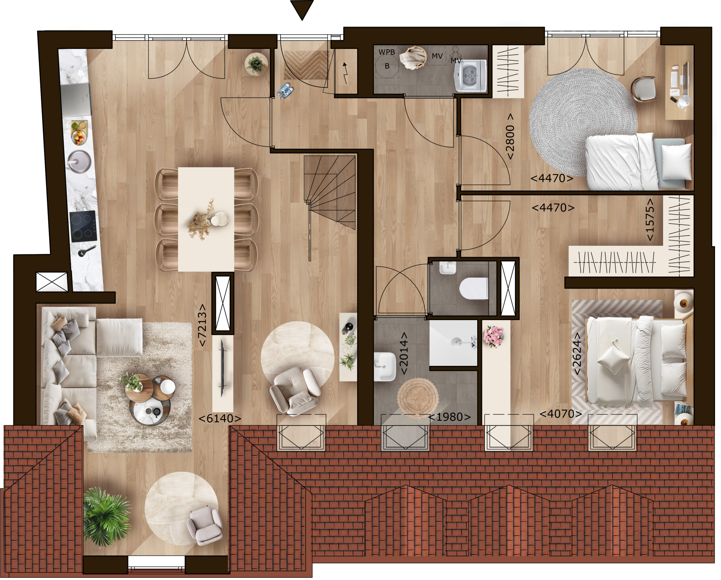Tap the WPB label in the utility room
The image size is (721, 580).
coord(386,52)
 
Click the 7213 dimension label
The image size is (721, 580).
coord(202,325)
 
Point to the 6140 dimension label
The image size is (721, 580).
coord(220,418)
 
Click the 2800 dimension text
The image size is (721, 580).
coord(510,137)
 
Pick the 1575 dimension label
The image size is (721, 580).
coord(650,219)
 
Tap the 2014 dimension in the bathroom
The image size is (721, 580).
coord(404,353)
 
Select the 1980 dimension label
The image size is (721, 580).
coord(449,417)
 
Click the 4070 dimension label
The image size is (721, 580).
coord(561,414)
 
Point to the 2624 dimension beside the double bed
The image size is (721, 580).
coord(577,353)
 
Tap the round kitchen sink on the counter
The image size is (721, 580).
coord(79,162)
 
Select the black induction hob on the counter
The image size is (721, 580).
coord(83,226)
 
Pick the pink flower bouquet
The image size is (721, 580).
coord(493,336)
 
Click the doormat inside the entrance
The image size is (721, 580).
coord(306,65)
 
